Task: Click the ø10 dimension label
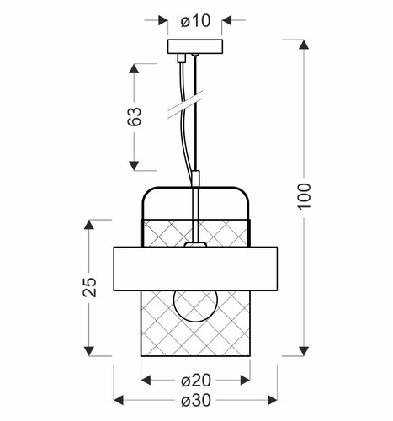195,19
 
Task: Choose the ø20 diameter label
195,380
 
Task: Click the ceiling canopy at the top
194,47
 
